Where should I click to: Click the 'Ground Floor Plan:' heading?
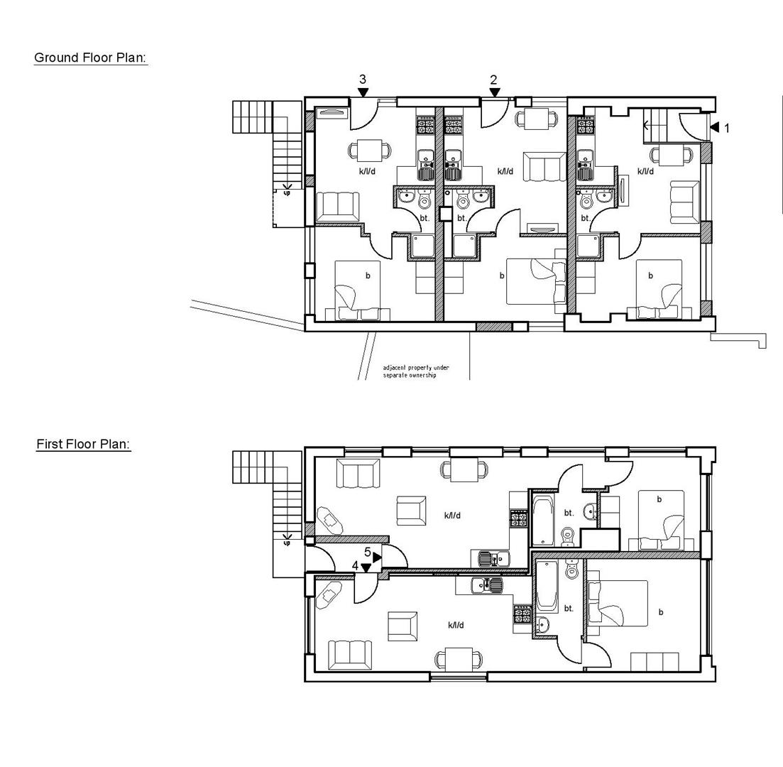pyautogui.click(x=90, y=58)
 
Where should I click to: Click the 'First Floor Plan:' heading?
pyautogui.click(x=84, y=445)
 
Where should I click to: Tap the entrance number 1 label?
pyautogui.click(x=726, y=129)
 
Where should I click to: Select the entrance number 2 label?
pyautogui.click(x=493, y=80)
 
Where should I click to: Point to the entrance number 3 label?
pyautogui.click(x=363, y=80)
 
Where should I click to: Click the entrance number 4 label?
pyautogui.click(x=355, y=565)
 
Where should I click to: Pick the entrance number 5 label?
pyautogui.click(x=368, y=552)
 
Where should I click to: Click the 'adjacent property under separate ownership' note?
pyautogui.click(x=416, y=371)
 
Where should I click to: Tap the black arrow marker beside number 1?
pyautogui.click(x=714, y=127)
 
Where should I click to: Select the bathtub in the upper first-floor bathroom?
pyautogui.click(x=541, y=521)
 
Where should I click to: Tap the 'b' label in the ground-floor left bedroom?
pyautogui.click(x=368, y=276)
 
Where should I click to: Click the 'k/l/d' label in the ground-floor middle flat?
pyautogui.click(x=505, y=171)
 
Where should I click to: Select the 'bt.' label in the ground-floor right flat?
pyautogui.click(x=585, y=218)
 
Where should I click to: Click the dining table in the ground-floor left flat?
pyautogui.click(x=370, y=151)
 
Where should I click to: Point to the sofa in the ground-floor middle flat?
pyautogui.click(x=544, y=167)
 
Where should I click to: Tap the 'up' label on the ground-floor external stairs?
pyautogui.click(x=287, y=192)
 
